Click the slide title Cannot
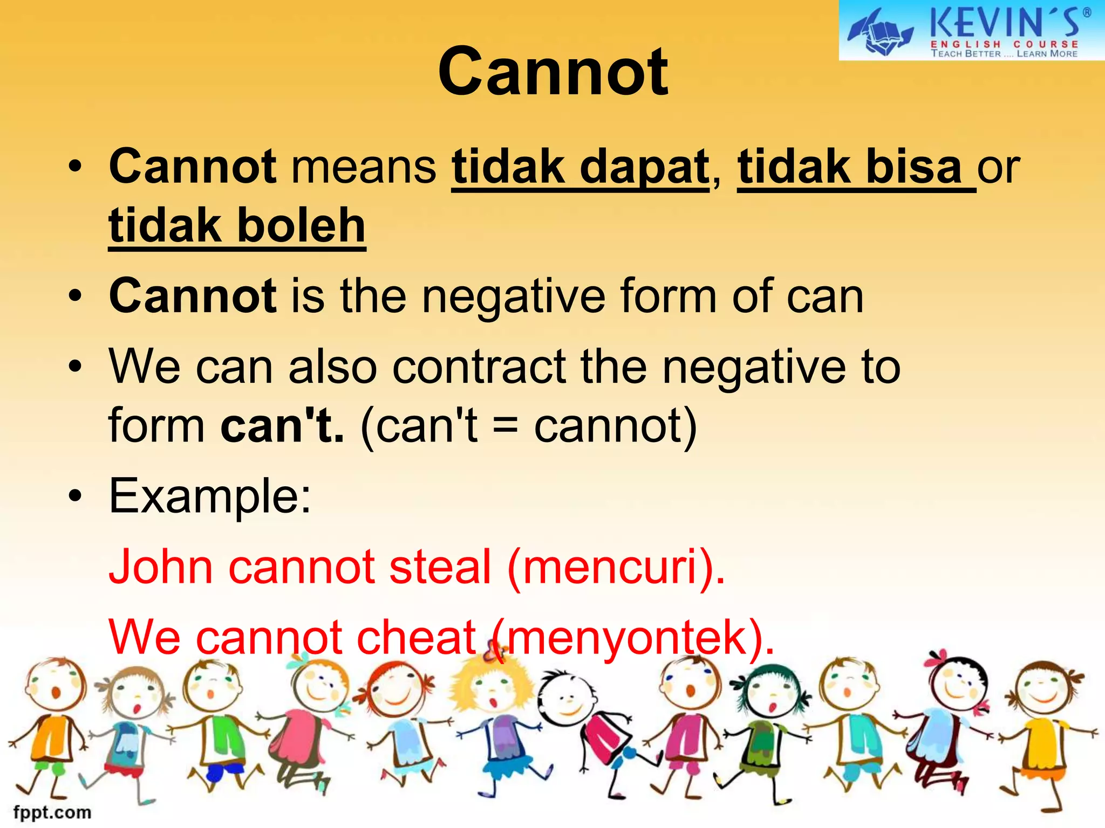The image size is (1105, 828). point(553,72)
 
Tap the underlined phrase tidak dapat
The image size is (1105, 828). point(581,167)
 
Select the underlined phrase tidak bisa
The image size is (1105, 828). point(850,167)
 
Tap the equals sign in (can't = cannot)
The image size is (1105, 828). point(506,426)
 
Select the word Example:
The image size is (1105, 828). point(210,496)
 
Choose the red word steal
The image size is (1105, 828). point(440,567)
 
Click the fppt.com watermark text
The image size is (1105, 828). point(52,812)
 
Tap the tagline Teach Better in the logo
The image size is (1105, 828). point(966,54)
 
